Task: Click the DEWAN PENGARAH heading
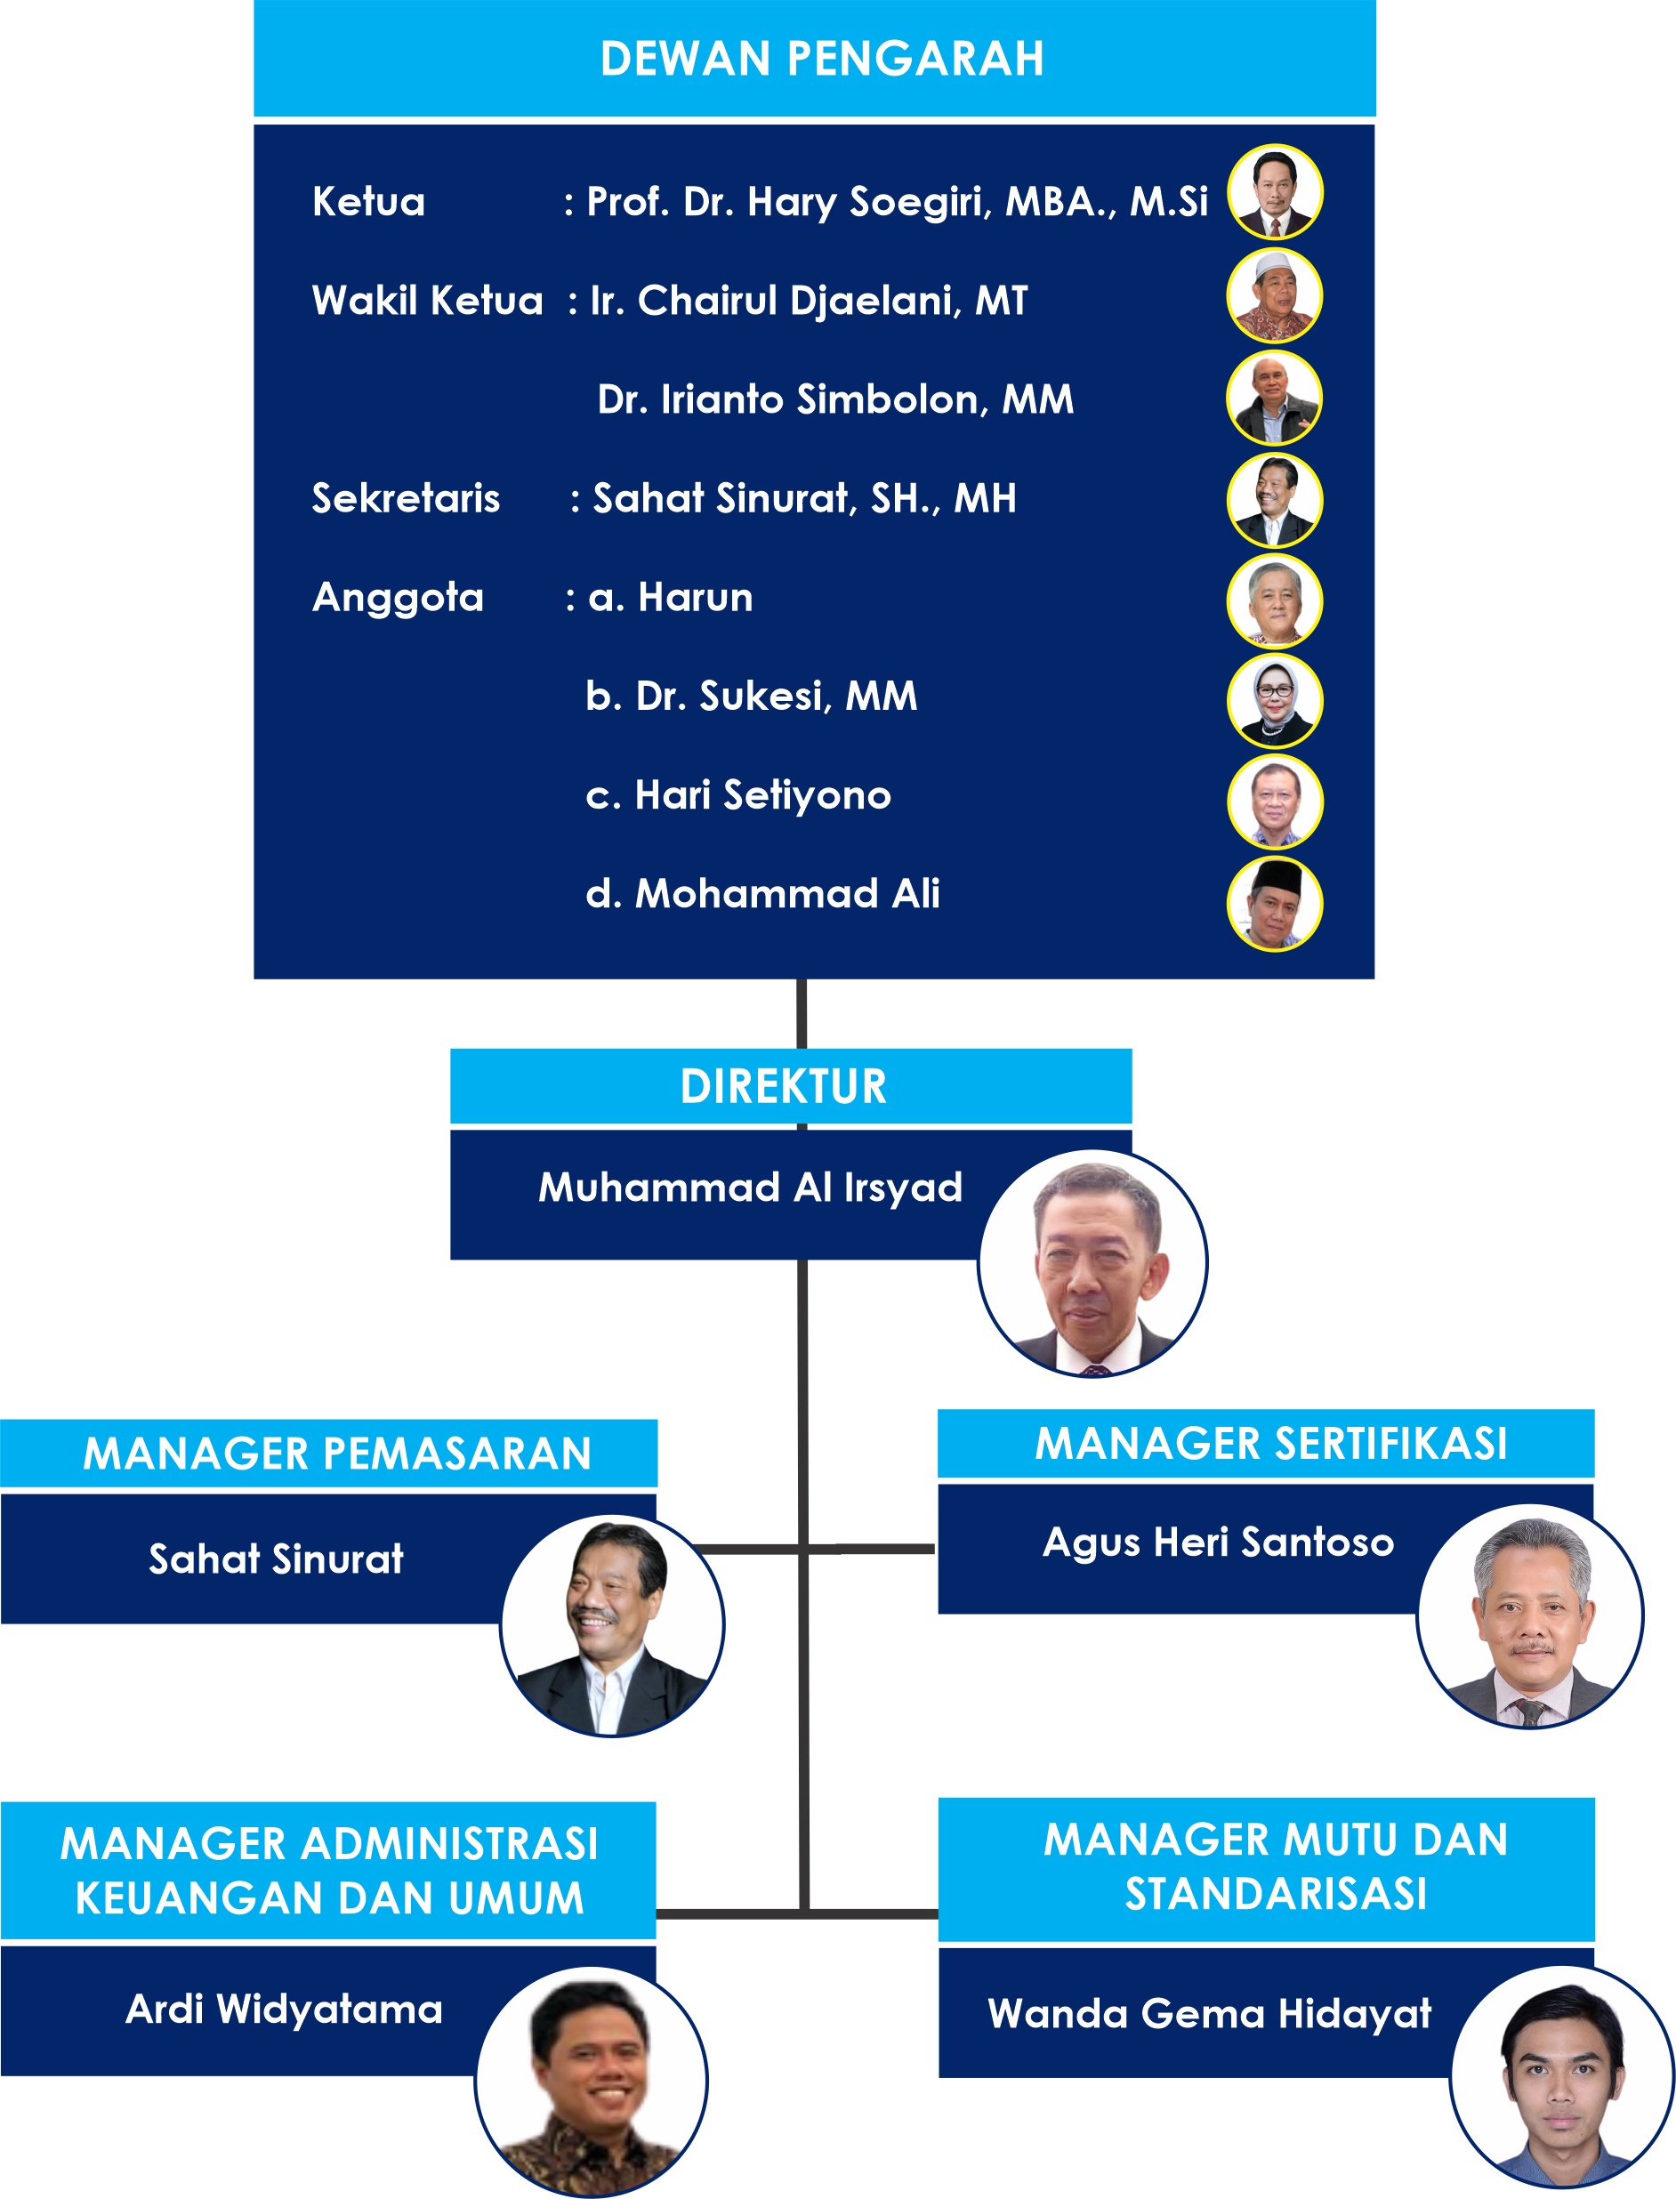(822, 59)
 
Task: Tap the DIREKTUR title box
(784, 1086)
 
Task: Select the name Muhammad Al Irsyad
(750, 1188)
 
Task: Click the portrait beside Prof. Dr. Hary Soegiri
(1274, 192)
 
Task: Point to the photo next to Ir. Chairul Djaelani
(1274, 296)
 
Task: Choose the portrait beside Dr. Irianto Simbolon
(1274, 399)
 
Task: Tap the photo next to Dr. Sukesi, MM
(1274, 701)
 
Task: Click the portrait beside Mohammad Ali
(1274, 904)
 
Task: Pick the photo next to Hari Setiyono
(1274, 802)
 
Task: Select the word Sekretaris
(406, 498)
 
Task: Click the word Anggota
(398, 597)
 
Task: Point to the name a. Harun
(671, 597)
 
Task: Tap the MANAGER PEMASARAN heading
(337, 1454)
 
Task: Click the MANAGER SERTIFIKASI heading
(1271, 1444)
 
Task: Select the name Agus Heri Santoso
(1218, 1543)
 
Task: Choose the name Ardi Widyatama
(285, 2010)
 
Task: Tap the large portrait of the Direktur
(1093, 1264)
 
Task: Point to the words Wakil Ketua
(428, 301)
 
